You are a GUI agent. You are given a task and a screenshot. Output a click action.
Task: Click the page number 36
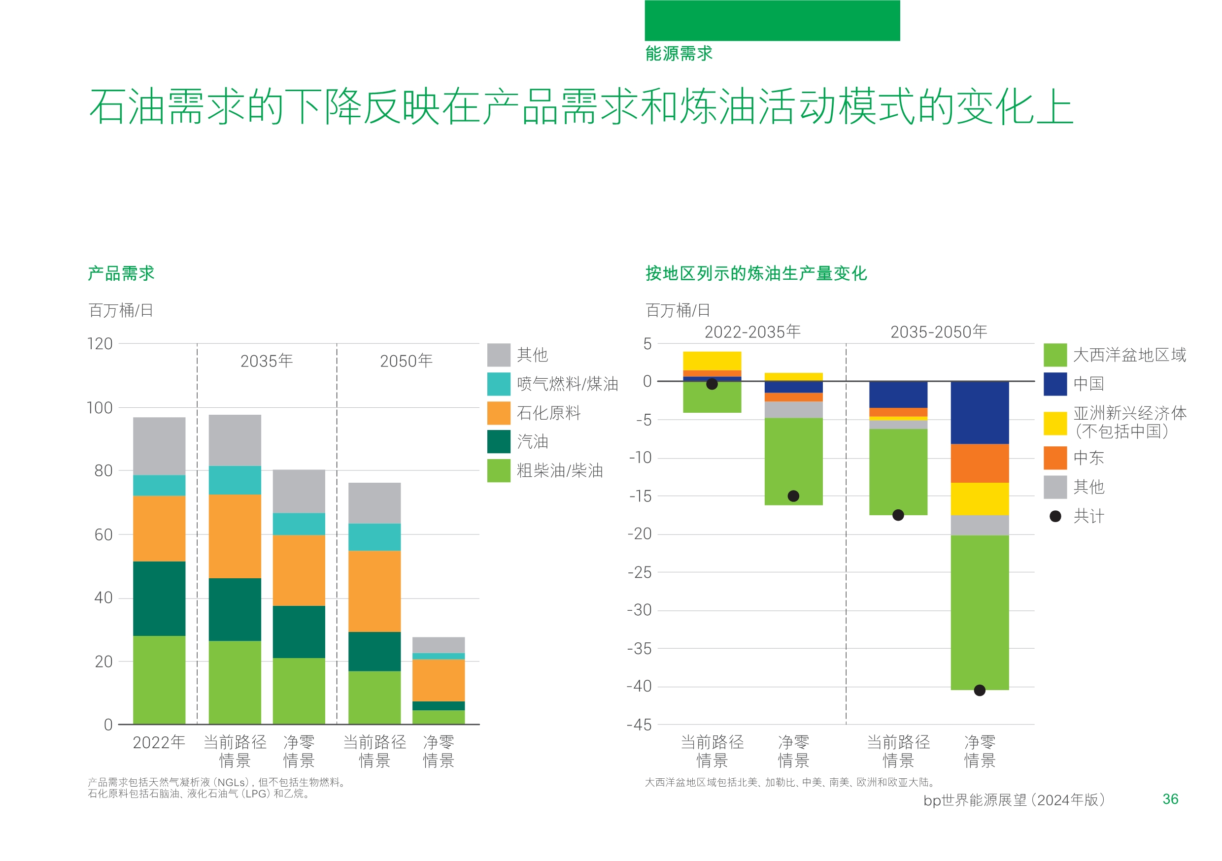click(1170, 799)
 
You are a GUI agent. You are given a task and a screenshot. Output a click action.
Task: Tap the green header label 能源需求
click(679, 53)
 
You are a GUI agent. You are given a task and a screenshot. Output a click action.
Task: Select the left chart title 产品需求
click(121, 273)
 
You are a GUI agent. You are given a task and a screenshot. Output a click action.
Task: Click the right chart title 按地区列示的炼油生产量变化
click(756, 273)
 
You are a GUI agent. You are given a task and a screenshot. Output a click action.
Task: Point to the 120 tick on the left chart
click(100, 344)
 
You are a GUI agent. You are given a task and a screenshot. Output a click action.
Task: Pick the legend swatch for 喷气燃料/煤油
click(499, 384)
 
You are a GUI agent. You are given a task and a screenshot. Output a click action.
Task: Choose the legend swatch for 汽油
click(499, 442)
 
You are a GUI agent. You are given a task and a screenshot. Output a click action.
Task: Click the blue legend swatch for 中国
click(1055, 384)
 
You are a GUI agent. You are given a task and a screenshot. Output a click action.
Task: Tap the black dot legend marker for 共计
click(1055, 516)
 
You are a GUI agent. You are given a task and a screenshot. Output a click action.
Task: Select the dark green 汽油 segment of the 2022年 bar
click(159, 598)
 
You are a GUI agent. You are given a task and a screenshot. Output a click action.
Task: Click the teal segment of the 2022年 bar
click(159, 485)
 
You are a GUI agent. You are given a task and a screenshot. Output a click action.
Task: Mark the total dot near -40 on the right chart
click(979, 690)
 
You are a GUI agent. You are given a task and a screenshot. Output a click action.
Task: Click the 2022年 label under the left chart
click(159, 742)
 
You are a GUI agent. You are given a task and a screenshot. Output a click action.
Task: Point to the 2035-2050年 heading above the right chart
click(938, 332)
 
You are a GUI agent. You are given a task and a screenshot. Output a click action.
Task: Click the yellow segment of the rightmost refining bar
click(979, 498)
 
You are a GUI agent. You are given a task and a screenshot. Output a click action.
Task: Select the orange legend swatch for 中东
click(1055, 458)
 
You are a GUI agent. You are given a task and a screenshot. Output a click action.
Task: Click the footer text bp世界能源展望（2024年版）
click(1014, 800)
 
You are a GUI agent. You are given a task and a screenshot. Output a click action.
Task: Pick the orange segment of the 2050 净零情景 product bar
click(439, 681)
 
